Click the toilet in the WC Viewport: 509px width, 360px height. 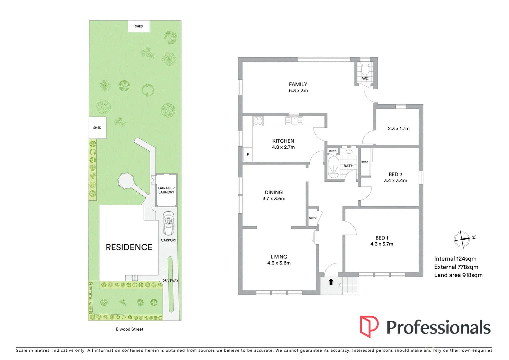pos(365,69)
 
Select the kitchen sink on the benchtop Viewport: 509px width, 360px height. pos(294,120)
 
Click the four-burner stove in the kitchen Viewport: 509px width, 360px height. pos(258,121)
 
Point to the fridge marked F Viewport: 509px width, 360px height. pos(248,155)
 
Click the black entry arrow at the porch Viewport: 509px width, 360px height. pos(331,282)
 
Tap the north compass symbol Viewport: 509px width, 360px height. pos(462,239)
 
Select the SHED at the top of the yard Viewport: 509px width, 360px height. pos(139,26)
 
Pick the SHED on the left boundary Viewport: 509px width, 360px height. pos(97,128)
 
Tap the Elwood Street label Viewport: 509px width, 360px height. pos(130,329)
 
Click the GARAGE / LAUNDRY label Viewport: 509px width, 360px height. pos(166,190)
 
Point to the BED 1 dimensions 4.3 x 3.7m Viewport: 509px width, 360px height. pos(382,244)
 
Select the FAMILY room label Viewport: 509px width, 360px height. pos(298,84)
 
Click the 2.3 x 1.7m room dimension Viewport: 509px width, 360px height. pos(398,128)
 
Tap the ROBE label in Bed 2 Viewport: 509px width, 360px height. pos(365,162)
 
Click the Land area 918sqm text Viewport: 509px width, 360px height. pos(458,275)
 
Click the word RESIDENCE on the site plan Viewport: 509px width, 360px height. pos(129,247)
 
